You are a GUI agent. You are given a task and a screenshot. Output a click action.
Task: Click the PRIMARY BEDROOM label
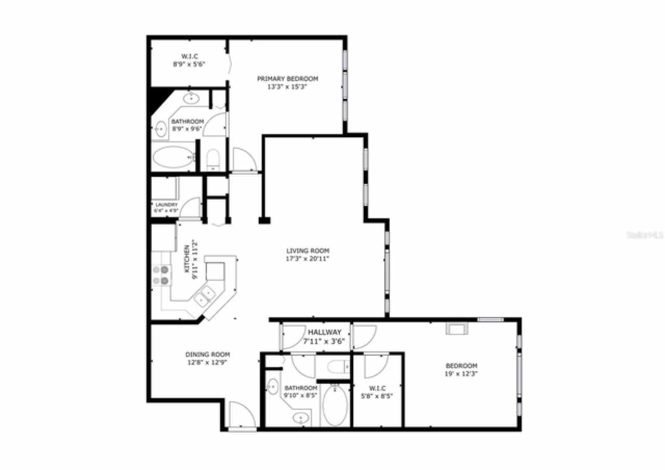287,79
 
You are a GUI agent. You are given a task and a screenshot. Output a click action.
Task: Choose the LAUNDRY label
166,205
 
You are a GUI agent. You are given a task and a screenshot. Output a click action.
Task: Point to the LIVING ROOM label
308,250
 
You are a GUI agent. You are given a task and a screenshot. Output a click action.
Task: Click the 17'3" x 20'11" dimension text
308,258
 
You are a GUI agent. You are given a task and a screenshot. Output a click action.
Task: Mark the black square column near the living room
264,220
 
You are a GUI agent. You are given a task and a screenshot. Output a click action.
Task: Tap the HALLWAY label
324,332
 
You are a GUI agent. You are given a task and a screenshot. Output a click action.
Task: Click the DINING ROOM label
208,355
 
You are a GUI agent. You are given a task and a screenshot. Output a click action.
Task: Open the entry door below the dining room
242,416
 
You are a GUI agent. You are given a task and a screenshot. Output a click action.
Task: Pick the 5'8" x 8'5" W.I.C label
377,388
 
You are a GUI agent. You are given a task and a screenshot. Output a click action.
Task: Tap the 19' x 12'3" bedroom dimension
461,374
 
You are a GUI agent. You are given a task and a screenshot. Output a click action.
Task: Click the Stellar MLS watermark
645,235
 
